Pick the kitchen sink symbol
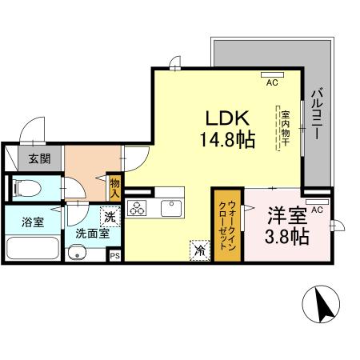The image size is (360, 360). tap(171, 209)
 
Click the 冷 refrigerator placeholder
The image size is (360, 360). tap(198, 250)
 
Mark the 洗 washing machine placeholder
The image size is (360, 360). tap(110, 215)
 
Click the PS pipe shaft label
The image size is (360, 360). tap(114, 256)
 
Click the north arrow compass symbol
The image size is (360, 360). tap(323, 305)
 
